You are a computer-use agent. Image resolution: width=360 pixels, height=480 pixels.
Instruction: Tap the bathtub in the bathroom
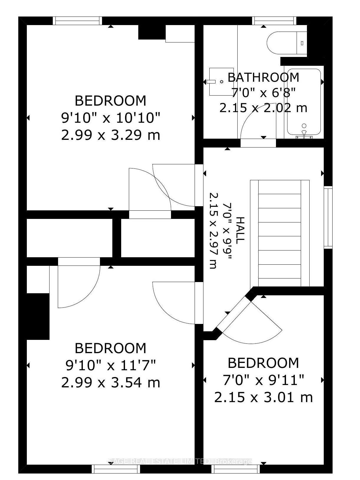[x=304, y=102]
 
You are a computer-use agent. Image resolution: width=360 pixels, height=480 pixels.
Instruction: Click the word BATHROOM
[x=263, y=77]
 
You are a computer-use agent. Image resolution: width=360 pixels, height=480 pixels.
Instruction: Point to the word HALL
[x=240, y=230]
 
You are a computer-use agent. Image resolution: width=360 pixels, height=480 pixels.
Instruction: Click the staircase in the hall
[x=280, y=233]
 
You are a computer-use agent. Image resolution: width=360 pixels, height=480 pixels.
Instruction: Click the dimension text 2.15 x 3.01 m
[x=263, y=397]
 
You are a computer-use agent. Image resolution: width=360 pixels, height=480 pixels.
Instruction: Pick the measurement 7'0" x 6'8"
[x=263, y=93]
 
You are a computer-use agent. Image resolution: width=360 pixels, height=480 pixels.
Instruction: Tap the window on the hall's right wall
[x=328, y=217]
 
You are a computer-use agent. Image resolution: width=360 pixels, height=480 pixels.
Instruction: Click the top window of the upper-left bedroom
[x=78, y=21]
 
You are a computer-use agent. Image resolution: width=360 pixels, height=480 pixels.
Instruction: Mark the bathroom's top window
[x=274, y=21]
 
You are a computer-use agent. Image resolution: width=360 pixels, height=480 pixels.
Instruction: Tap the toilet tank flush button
[x=302, y=43]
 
